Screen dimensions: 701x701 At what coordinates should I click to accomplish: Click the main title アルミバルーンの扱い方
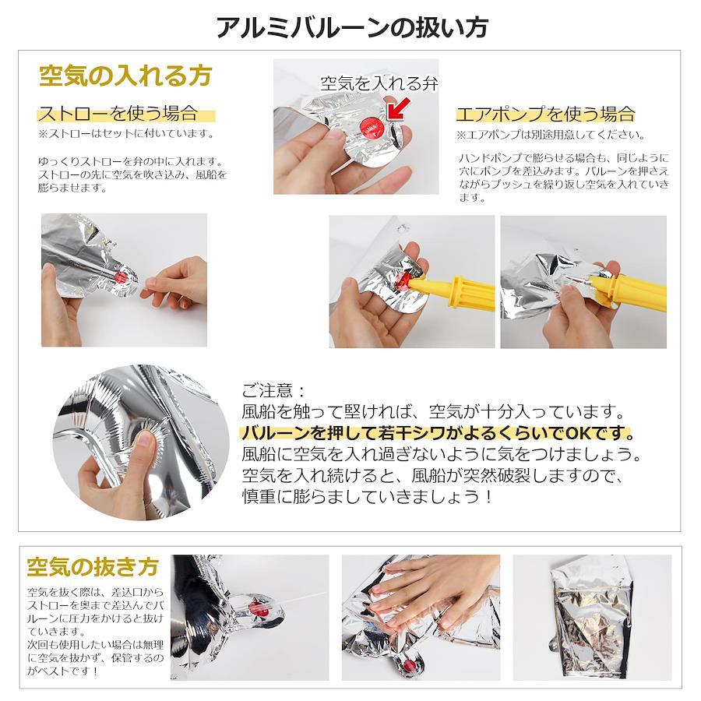352,28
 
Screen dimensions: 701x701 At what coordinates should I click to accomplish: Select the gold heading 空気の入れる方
125,76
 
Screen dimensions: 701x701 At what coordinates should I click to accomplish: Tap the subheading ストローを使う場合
118,113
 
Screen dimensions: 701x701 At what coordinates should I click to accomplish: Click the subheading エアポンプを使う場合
546,114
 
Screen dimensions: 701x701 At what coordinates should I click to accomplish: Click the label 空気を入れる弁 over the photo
379,83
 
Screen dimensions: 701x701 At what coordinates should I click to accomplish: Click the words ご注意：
273,390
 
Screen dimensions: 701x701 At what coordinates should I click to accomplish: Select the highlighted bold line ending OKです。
438,433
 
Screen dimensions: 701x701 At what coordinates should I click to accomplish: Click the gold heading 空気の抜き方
93,567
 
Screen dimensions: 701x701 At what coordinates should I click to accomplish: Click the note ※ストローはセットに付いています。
126,133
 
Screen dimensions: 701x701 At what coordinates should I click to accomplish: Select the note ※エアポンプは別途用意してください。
551,135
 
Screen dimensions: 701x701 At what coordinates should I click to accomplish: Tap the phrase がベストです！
62,671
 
